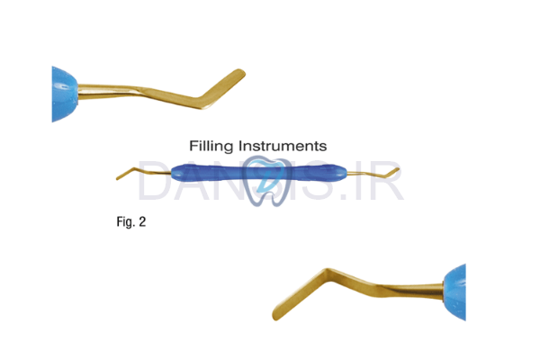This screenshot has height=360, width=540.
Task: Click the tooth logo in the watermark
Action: pos(270,178)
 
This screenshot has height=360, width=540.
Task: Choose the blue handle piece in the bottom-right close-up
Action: pos(456,292)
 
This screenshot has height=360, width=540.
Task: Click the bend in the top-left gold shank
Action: pos(194,97)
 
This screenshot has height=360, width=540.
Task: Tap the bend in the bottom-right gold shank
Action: pos(346,276)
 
